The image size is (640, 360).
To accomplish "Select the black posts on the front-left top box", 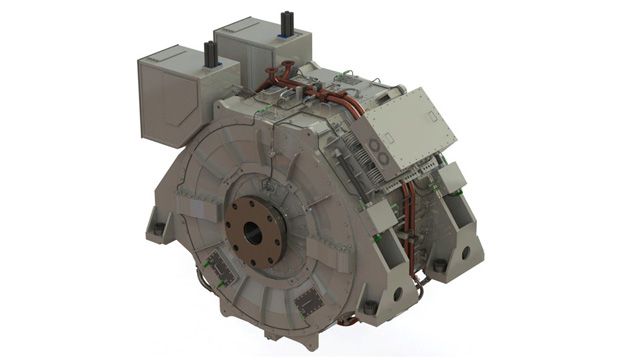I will point(210,54).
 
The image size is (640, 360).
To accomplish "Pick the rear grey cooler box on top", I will point(262,46).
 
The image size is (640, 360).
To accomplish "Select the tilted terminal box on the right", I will point(400,125).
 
